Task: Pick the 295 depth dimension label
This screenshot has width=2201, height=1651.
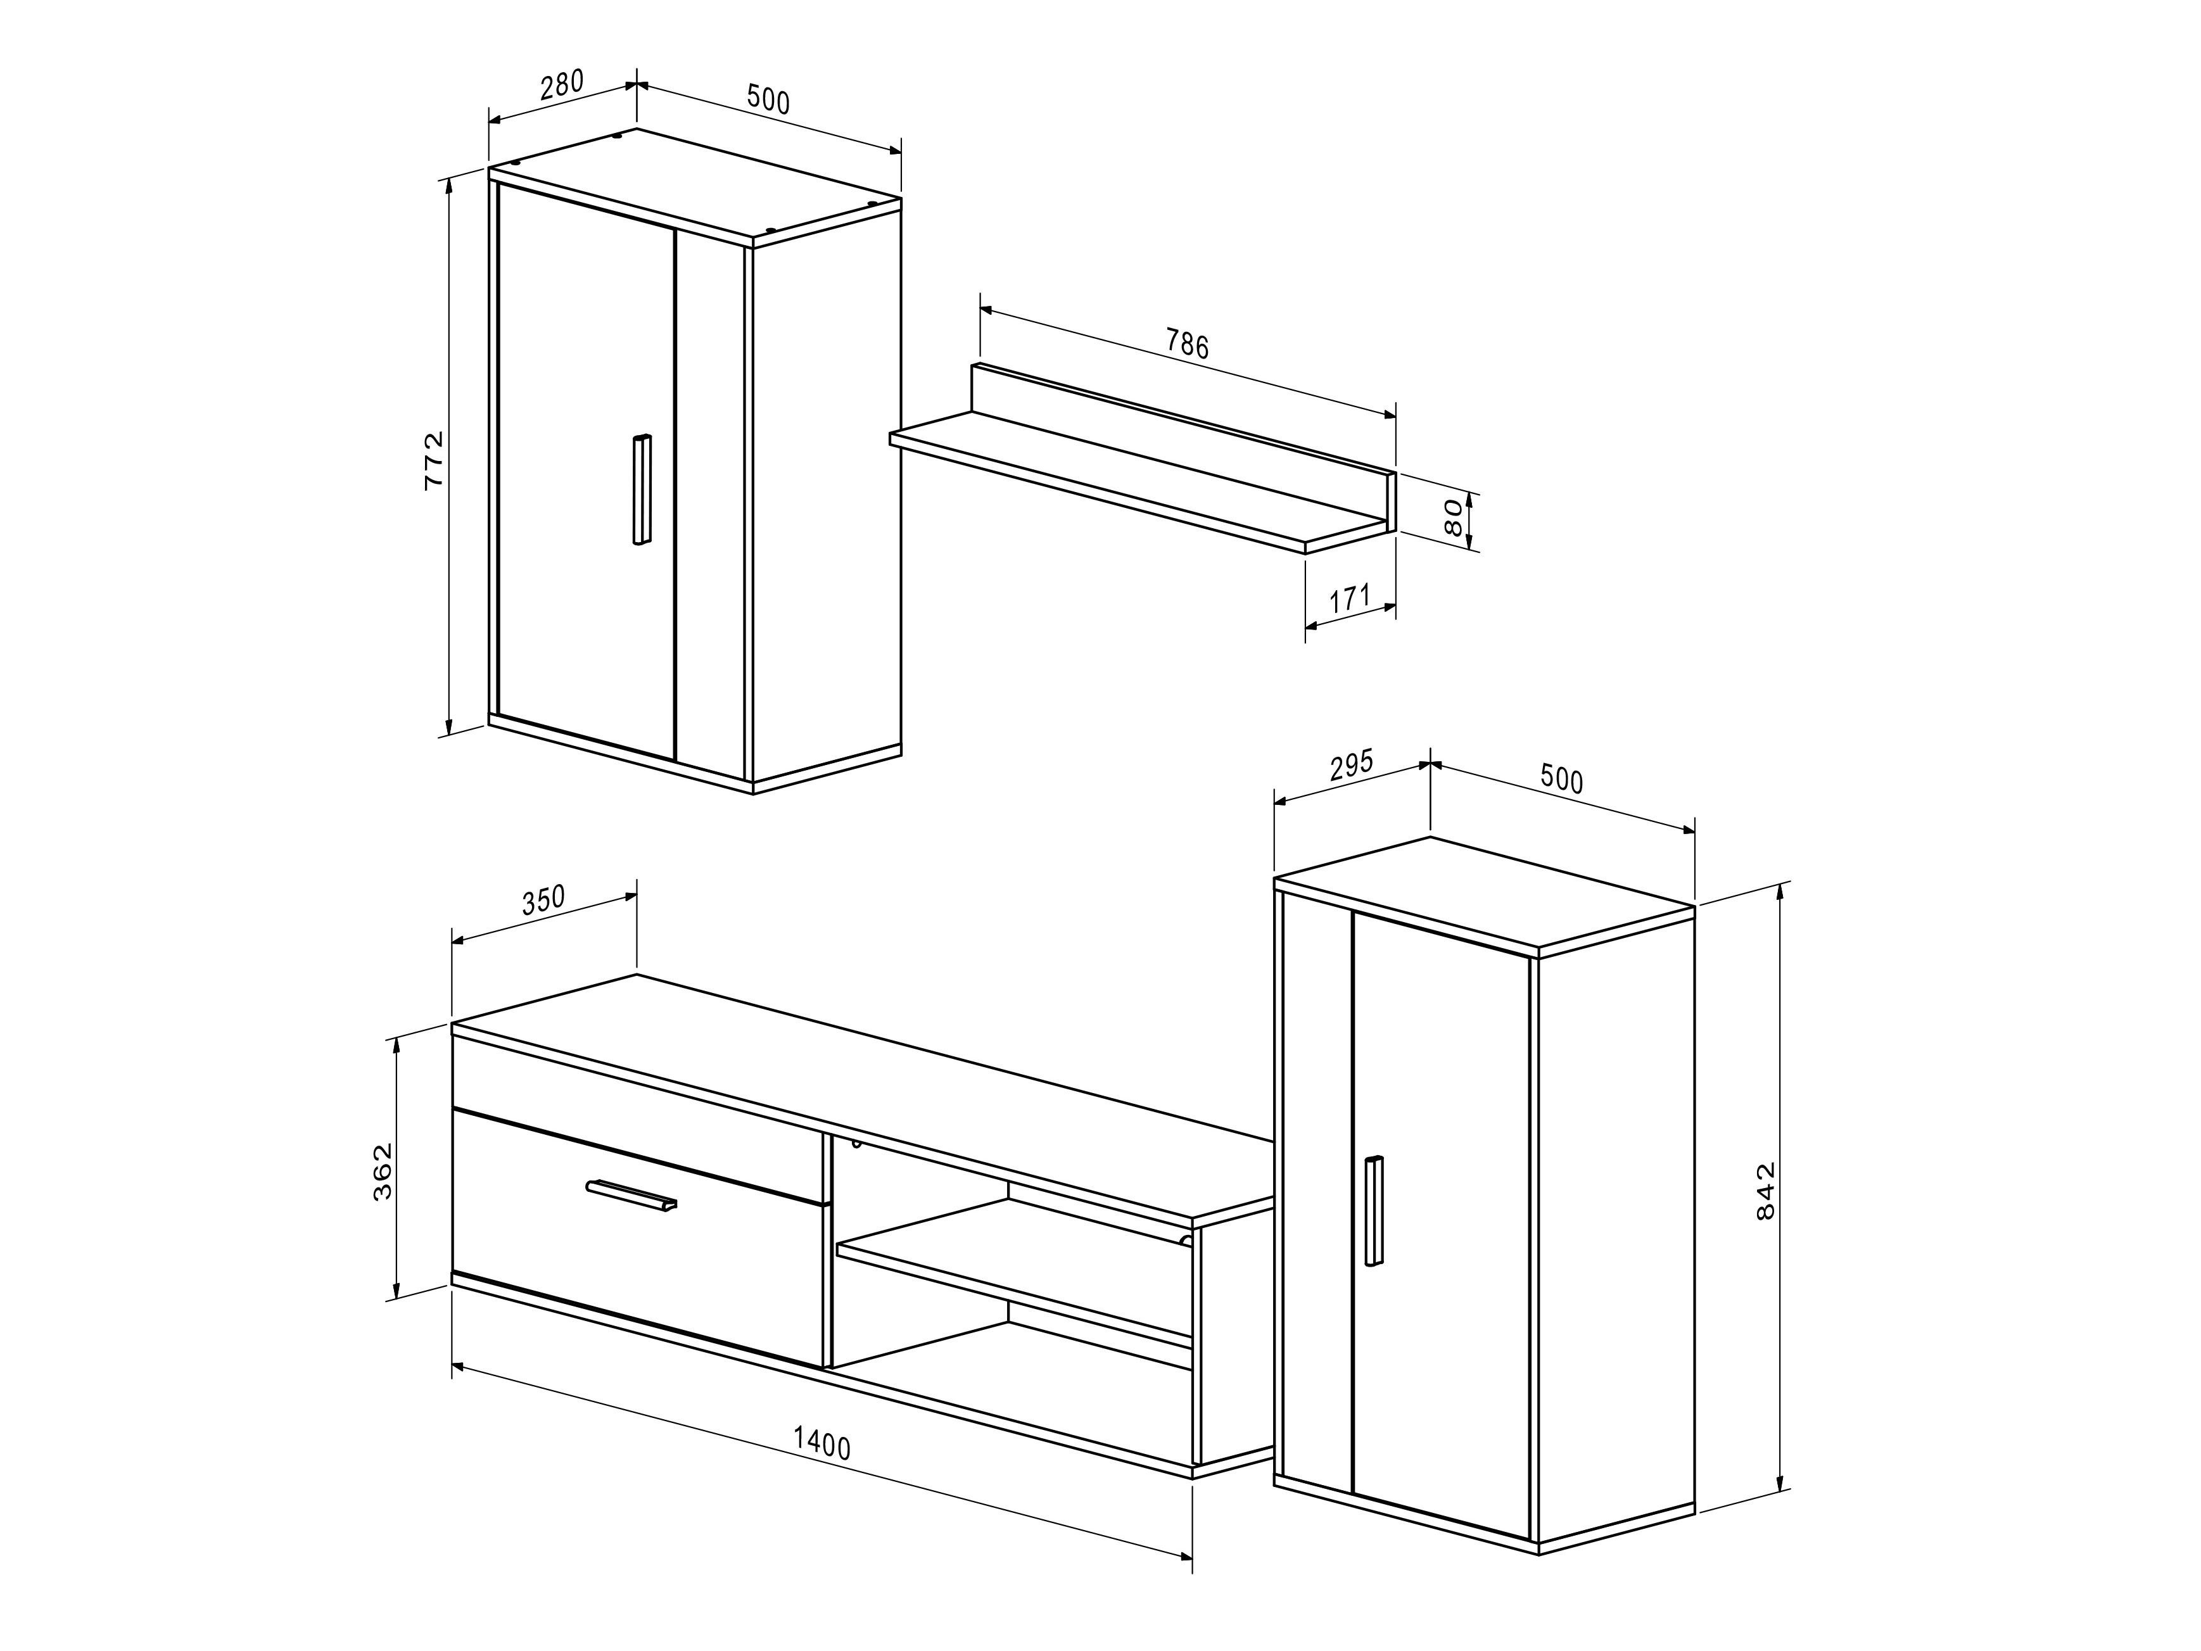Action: click(1350, 766)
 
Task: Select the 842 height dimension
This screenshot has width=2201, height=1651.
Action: click(1765, 1191)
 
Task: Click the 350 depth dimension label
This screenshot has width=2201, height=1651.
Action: click(543, 900)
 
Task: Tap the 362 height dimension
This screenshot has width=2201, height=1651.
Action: click(383, 1172)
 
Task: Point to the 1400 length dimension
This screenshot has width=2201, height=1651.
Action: click(822, 1443)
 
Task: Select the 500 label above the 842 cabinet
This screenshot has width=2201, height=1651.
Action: click(1561, 779)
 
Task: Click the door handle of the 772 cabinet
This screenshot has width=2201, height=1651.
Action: click(642, 490)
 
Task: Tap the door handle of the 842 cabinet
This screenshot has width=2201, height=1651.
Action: click(1374, 1210)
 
